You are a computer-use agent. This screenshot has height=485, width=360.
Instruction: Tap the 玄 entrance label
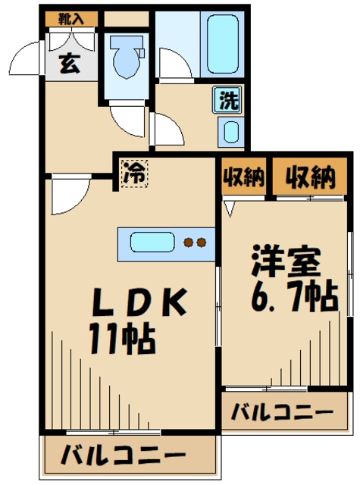pos(69,64)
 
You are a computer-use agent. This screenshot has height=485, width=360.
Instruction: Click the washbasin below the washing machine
pos(230,132)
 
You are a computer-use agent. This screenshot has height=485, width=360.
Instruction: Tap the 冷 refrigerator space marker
pos(135,171)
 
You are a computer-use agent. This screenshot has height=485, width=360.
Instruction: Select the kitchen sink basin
pos(152,243)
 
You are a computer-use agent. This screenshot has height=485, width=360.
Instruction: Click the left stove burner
pos(189,243)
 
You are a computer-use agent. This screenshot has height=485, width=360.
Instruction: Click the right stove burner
pos(202,243)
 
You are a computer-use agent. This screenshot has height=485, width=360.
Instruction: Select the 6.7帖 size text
pos(292,296)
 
